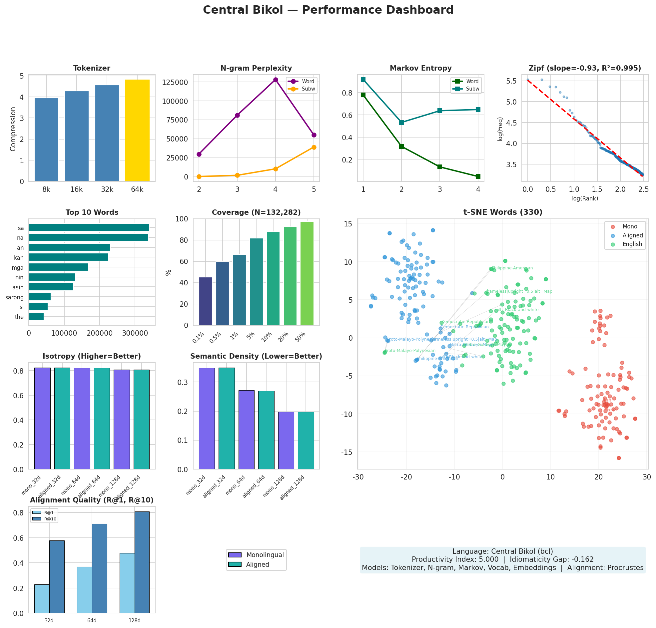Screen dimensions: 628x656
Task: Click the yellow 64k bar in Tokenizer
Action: tap(137, 131)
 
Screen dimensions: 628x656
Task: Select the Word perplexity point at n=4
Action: tap(276, 80)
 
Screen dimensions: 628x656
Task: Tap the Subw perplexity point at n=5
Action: tap(314, 147)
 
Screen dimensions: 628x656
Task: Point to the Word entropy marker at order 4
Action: tap(478, 176)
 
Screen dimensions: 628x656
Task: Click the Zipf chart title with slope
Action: tap(585, 68)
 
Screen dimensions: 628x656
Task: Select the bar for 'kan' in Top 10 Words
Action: tap(69, 257)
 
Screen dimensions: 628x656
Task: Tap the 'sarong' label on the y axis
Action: tap(14, 297)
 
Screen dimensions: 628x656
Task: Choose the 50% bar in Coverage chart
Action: tap(307, 273)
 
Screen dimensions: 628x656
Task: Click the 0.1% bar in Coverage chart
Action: tap(206, 301)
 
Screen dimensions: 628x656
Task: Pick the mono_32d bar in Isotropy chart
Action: tap(42, 418)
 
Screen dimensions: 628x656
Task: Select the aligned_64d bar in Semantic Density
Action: tap(266, 430)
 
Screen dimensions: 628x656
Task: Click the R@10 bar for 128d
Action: tap(142, 562)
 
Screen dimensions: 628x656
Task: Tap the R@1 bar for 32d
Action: tap(42, 599)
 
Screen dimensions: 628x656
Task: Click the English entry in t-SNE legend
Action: tap(632, 244)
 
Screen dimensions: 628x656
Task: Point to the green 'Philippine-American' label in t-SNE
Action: tap(512, 268)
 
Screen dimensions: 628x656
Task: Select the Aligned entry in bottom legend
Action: tap(258, 564)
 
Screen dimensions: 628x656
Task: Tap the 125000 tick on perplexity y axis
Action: tap(179, 83)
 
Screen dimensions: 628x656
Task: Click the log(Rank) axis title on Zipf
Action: tap(585, 198)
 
